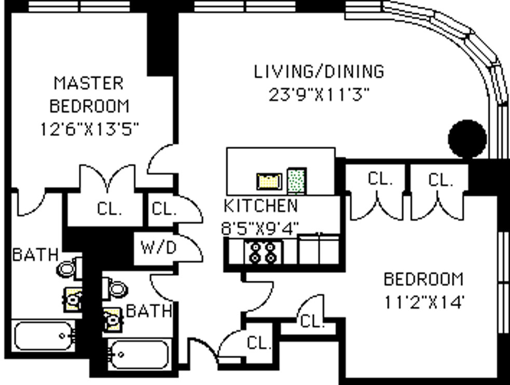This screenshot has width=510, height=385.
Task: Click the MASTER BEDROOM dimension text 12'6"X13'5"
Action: coord(89,129)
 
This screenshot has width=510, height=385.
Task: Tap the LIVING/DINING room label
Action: coord(319,72)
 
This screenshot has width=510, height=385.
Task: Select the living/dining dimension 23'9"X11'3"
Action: coord(319,95)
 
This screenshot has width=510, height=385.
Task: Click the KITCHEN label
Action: coord(261,205)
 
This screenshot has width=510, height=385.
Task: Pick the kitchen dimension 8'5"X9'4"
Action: coord(259,228)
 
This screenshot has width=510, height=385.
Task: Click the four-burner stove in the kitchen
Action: coord(264,253)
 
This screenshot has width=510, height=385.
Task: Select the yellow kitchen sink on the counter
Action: coord(269,182)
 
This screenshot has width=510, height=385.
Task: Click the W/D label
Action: coord(159,248)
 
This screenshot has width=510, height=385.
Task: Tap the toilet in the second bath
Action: coord(114,288)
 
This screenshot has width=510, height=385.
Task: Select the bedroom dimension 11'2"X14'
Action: coord(423,302)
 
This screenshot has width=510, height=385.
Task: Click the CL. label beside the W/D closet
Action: coord(164,209)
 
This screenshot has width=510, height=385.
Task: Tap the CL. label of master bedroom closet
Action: coord(109,209)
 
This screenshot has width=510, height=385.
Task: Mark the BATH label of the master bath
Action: coord(35,254)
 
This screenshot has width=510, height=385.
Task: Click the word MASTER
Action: coord(89,83)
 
